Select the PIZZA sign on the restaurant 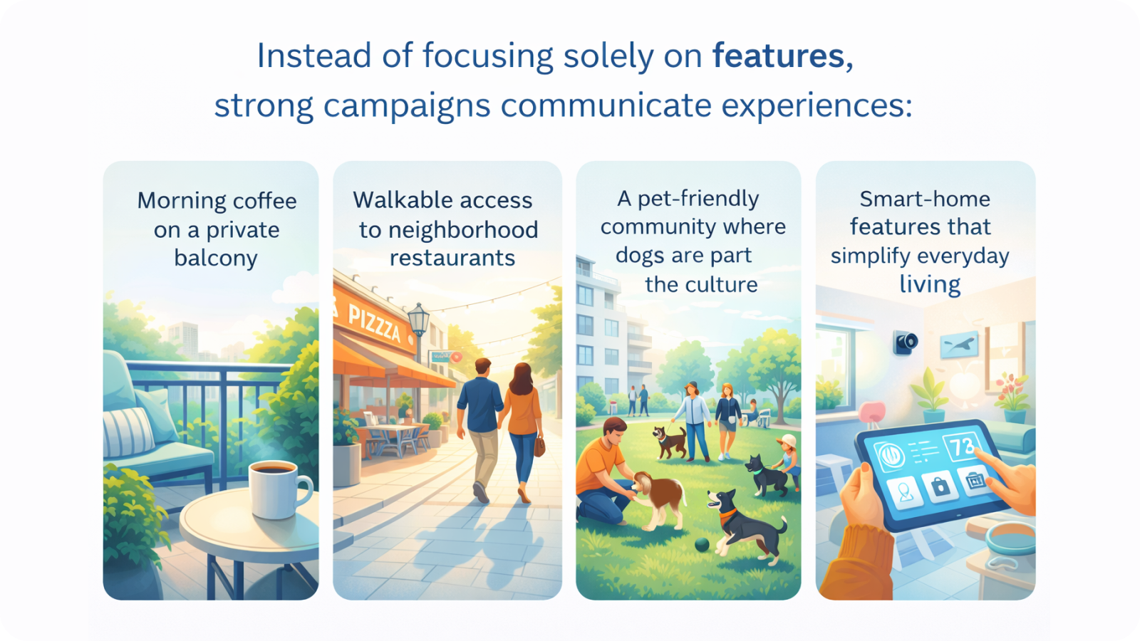[375, 322]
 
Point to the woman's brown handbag [539, 446]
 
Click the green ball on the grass [703, 545]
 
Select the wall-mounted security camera [906, 343]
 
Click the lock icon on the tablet [940, 486]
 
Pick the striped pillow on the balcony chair [128, 432]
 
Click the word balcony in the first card [216, 259]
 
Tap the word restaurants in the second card [452, 258]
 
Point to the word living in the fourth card [930, 284]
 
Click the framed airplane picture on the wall [960, 345]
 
